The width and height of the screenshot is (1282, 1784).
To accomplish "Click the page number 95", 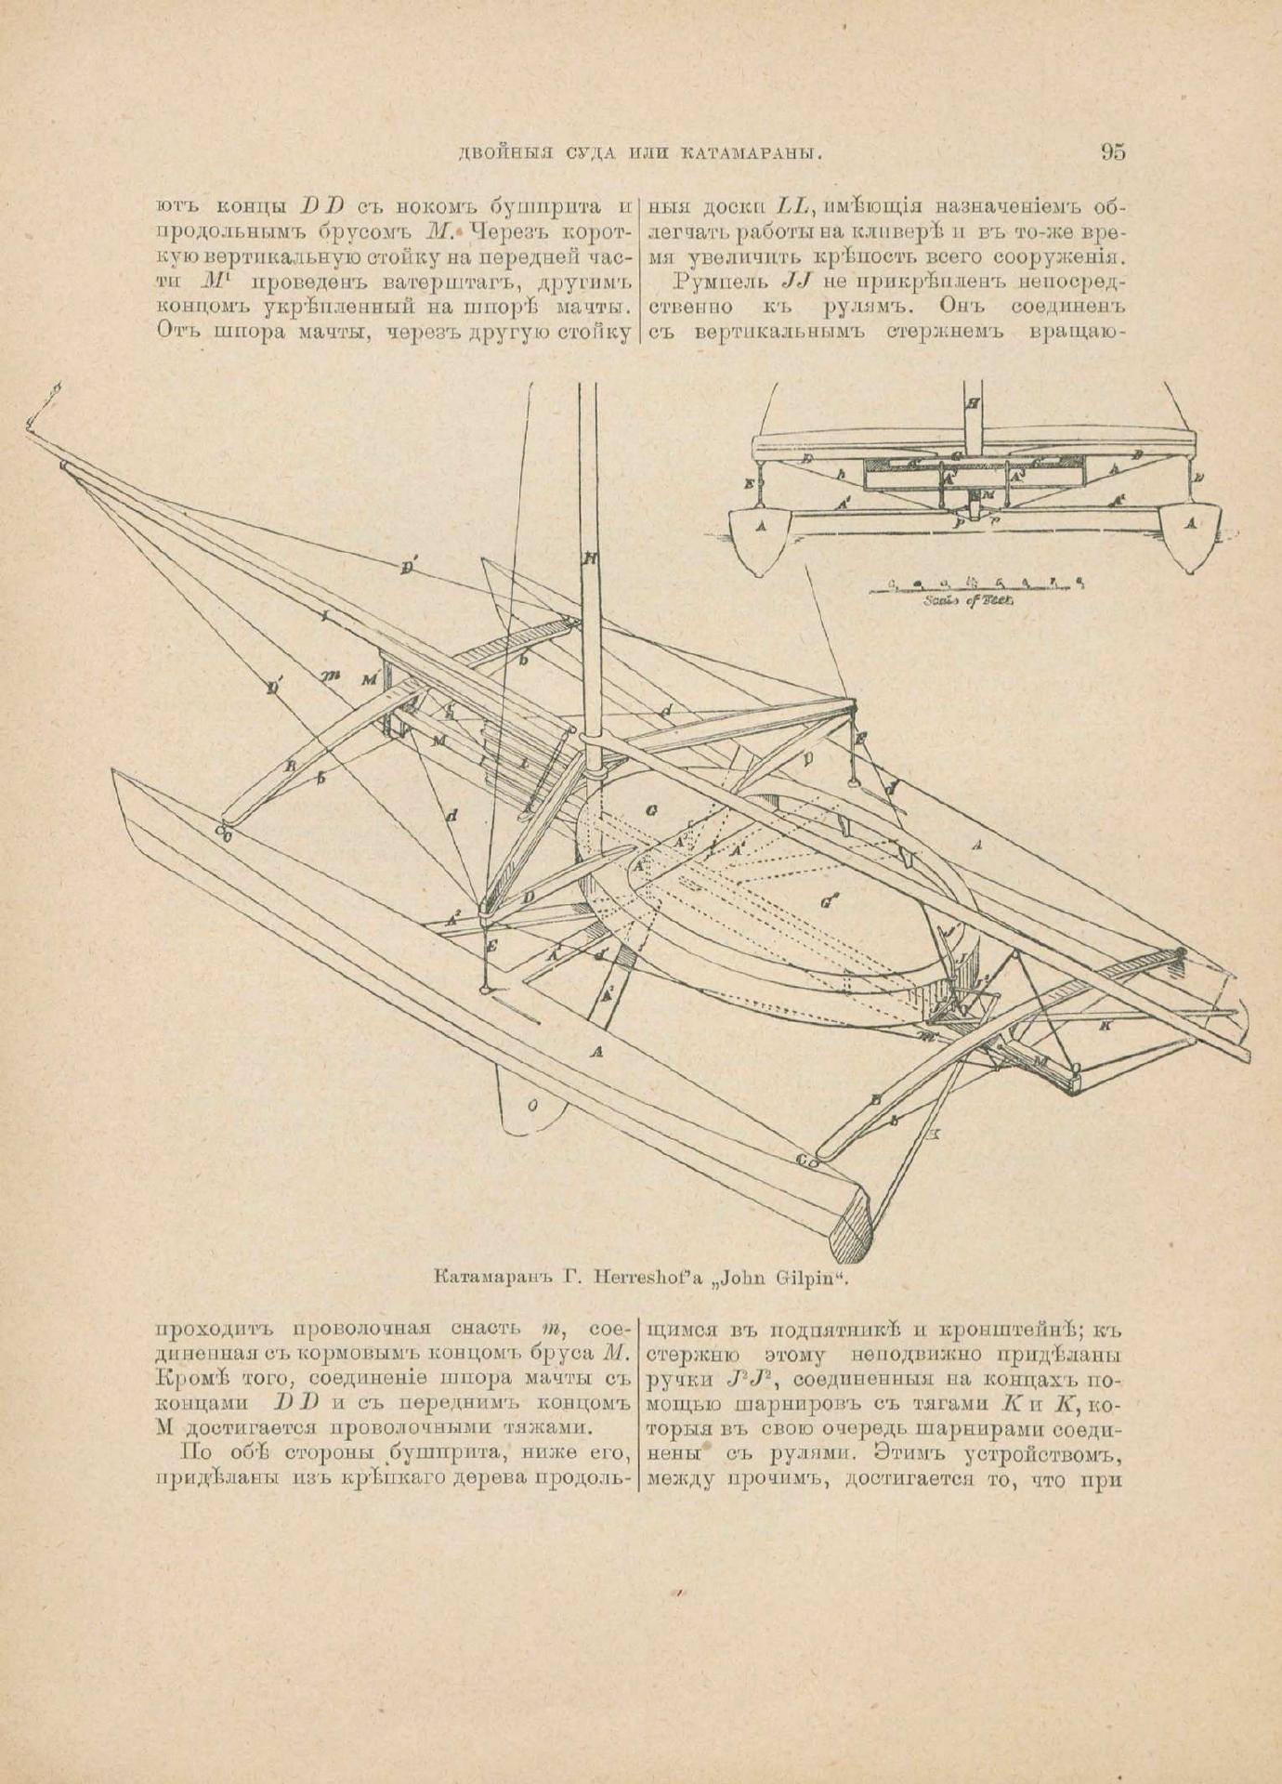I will coord(1112,151).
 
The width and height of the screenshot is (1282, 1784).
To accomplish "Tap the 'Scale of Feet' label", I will coord(970,600).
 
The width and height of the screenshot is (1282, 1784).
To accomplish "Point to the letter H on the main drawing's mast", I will coord(589,558).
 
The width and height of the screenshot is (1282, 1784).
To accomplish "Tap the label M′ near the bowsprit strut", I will coord(372,679).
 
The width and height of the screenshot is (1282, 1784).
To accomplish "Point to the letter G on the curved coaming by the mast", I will coord(651,810).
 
